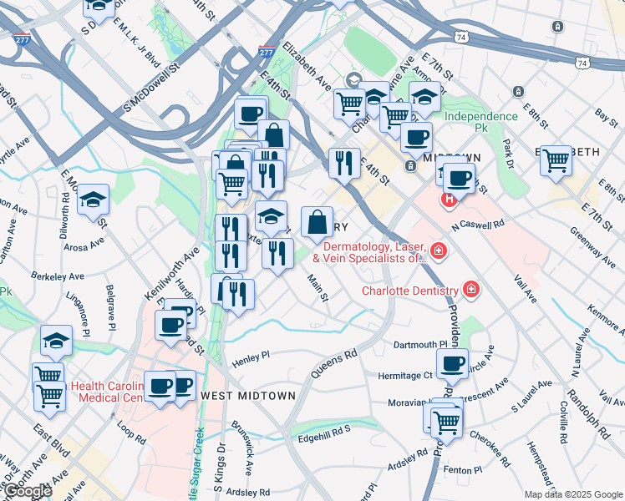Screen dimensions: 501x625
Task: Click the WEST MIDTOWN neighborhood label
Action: (247, 395)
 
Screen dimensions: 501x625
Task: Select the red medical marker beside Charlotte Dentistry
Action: (471, 291)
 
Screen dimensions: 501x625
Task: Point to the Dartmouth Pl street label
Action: (421, 345)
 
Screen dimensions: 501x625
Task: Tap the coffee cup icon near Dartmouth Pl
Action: (452, 363)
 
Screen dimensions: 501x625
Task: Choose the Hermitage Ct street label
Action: (404, 376)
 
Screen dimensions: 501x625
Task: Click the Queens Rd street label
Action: (333, 364)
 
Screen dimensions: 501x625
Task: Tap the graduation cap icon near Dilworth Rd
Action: (94, 200)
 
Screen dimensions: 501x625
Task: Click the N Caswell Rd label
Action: (478, 225)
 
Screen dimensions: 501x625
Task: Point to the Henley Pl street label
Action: (252, 356)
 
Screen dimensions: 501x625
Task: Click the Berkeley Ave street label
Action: (58, 276)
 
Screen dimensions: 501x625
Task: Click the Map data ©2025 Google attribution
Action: (572, 494)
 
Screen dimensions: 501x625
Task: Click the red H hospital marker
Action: (450, 200)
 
